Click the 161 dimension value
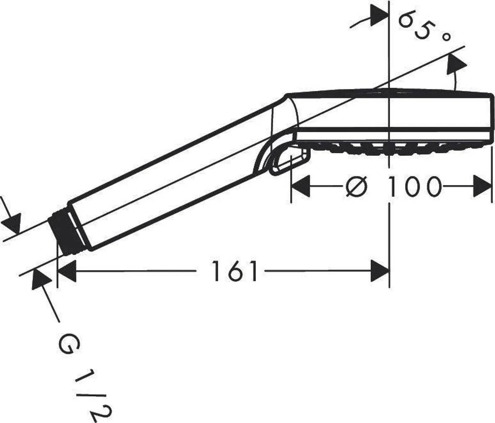[234, 271]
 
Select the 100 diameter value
[414, 186]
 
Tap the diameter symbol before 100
[357, 186]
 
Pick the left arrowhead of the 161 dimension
[67, 271]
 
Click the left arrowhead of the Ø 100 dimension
[301, 186]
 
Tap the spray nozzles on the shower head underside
[397, 148]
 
